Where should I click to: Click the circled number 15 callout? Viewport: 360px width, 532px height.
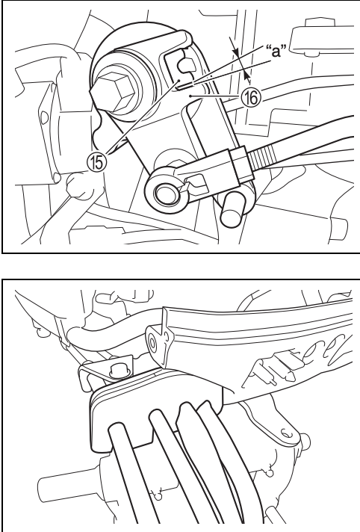(x=97, y=162)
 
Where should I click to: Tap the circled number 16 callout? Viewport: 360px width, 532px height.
(x=251, y=98)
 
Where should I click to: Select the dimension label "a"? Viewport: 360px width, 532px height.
(x=276, y=51)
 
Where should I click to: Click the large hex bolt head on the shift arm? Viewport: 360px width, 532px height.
(x=115, y=90)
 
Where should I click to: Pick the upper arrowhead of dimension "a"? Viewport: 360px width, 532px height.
(x=235, y=52)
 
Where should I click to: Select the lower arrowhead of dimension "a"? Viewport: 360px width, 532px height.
(x=246, y=75)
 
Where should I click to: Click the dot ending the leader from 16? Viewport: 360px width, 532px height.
(x=191, y=96)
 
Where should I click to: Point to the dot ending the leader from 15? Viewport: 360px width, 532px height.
(x=179, y=81)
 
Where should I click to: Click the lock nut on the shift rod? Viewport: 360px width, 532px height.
(x=241, y=164)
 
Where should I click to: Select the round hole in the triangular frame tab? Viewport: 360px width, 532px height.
(x=152, y=344)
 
